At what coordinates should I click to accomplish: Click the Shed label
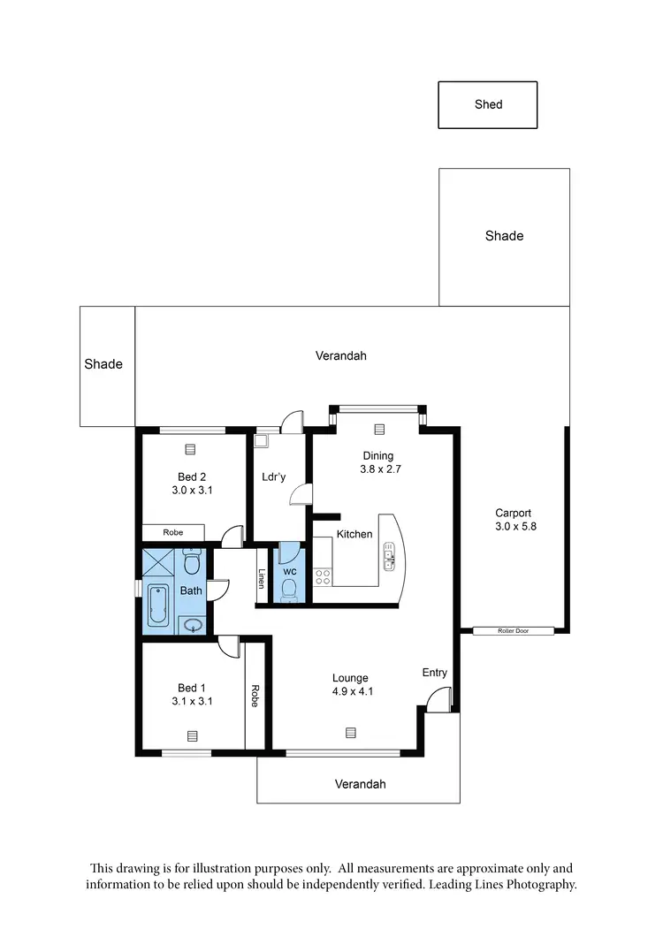488,104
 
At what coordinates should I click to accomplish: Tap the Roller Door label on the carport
513,631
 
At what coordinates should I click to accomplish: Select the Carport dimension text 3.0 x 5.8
515,526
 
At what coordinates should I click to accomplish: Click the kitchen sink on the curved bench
389,557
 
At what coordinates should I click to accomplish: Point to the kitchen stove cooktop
323,577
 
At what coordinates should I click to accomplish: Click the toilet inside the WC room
289,591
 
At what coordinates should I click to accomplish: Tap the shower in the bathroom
160,564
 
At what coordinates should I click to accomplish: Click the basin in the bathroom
194,626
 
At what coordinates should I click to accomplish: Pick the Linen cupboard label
262,578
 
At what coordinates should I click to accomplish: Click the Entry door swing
435,701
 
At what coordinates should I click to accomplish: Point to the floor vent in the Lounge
351,732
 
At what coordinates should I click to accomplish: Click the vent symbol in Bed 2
190,449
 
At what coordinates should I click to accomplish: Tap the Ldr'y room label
274,477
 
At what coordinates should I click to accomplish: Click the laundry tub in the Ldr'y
261,440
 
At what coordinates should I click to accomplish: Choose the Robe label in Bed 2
172,533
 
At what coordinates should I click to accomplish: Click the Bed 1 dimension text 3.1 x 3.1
192,701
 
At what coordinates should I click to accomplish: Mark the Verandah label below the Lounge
360,784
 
